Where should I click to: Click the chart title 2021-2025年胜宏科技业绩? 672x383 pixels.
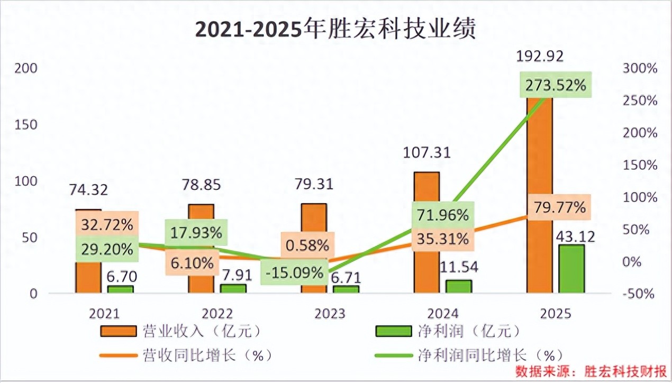pyautogui.click(x=335, y=30)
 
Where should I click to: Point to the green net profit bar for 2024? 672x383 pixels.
pyautogui.click(x=458, y=286)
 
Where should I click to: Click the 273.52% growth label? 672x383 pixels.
pyautogui.click(x=555, y=85)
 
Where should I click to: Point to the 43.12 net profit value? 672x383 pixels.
pyautogui.click(x=575, y=236)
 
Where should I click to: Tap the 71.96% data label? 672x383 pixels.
pyautogui.click(x=442, y=215)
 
